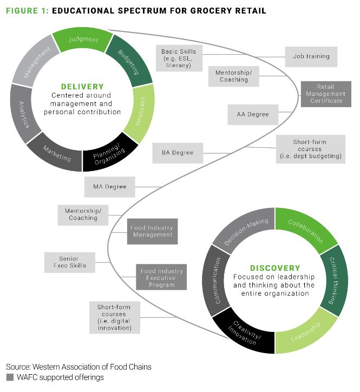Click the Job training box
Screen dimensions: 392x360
(x=311, y=56)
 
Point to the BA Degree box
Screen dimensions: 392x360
(x=177, y=153)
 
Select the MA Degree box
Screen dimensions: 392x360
(x=109, y=187)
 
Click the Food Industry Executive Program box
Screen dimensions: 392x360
(x=162, y=277)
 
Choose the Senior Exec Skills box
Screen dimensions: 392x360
(x=69, y=262)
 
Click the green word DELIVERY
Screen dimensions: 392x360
(x=82, y=86)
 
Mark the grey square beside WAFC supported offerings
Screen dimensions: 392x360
(x=9, y=377)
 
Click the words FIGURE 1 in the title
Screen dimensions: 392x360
(x=25, y=11)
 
